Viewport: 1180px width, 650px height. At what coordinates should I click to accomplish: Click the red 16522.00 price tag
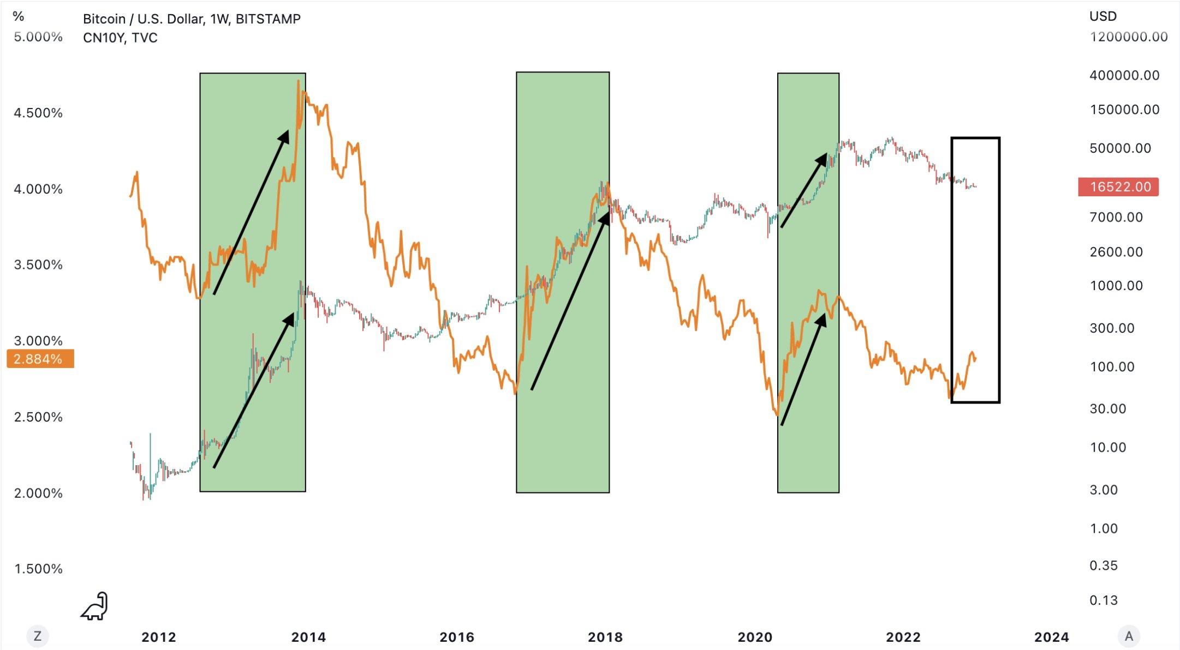click(x=1118, y=187)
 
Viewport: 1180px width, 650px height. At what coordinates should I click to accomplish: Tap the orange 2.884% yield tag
click(x=40, y=359)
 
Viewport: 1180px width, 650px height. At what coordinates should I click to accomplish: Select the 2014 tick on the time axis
click(x=308, y=637)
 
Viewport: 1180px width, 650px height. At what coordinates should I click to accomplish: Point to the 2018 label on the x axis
click(x=605, y=637)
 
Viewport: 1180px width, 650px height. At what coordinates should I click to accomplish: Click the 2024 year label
click(x=1051, y=637)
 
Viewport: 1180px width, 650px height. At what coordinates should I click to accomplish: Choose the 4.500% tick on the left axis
click(x=38, y=113)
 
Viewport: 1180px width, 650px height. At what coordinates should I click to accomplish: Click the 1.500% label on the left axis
click(x=38, y=569)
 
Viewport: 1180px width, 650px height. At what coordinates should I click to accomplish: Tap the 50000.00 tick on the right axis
click(x=1120, y=148)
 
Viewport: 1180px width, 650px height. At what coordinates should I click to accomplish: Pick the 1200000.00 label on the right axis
click(x=1128, y=37)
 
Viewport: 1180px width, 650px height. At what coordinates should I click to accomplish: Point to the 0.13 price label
click(x=1104, y=600)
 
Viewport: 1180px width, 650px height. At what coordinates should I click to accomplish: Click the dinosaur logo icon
click(x=95, y=606)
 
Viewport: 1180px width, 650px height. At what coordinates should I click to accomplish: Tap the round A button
click(x=1129, y=636)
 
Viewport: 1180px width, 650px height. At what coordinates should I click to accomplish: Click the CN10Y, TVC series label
click(x=120, y=38)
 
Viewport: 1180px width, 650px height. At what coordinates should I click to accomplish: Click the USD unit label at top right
click(x=1102, y=16)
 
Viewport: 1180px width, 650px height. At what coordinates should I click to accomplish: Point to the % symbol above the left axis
click(x=19, y=16)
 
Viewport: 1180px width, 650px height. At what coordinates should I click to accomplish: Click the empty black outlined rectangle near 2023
click(x=975, y=270)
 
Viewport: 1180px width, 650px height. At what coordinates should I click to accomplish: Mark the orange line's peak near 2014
click(x=298, y=81)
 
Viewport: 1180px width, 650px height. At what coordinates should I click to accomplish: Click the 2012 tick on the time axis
click(x=159, y=637)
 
